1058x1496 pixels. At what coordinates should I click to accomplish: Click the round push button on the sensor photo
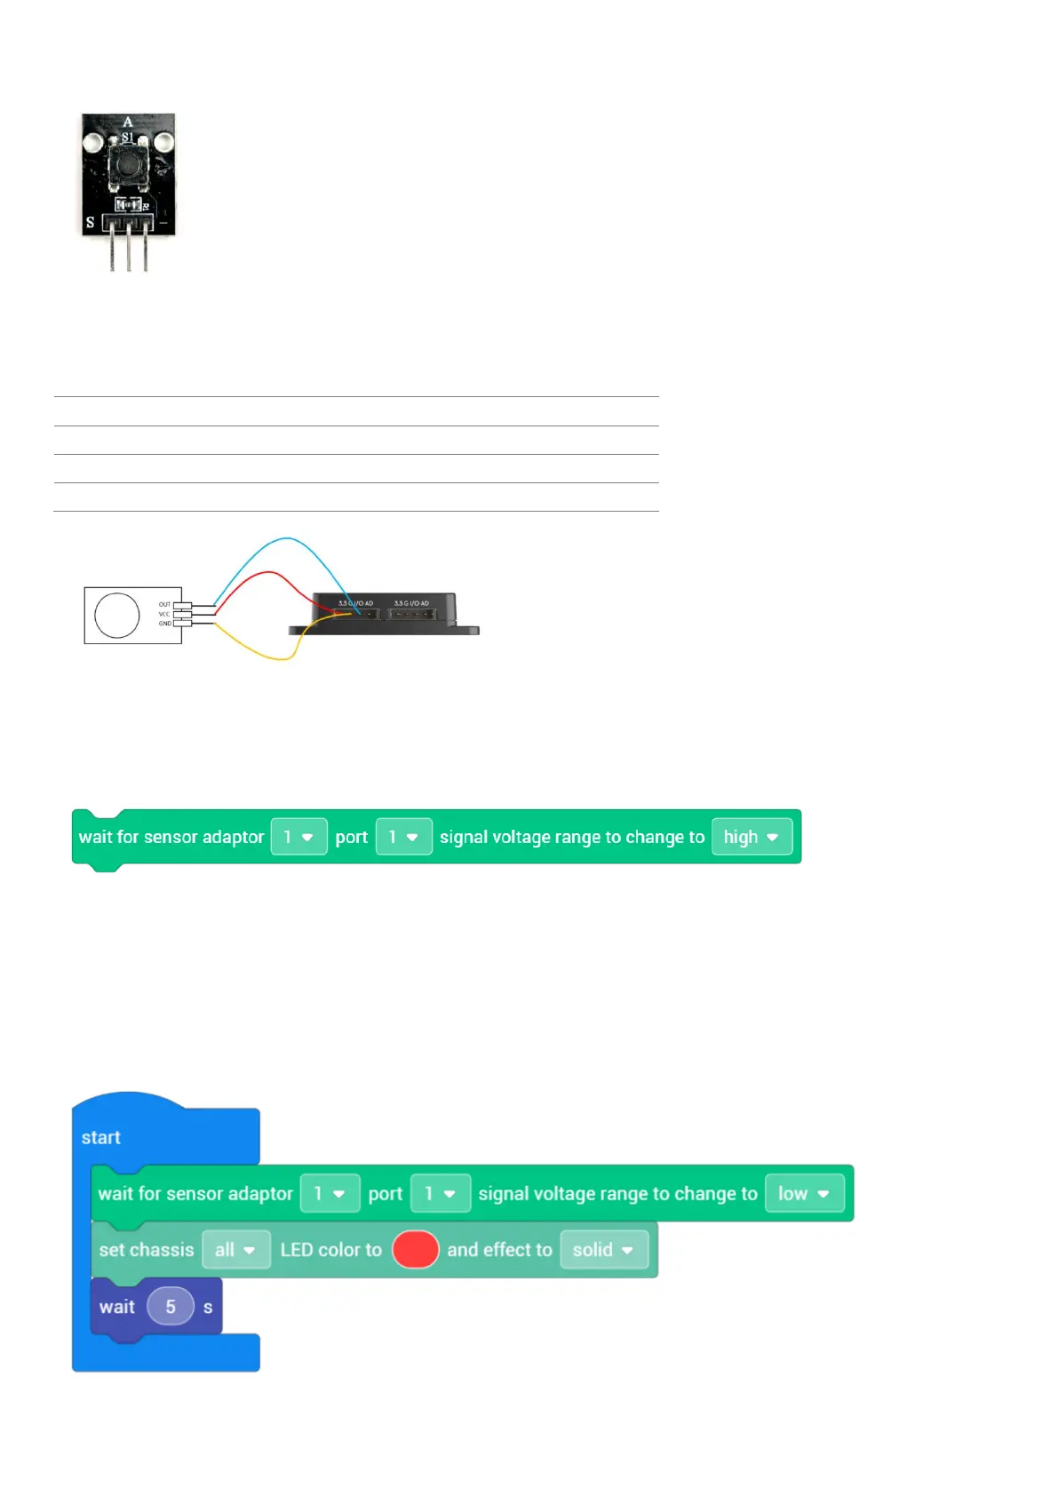pyautogui.click(x=128, y=164)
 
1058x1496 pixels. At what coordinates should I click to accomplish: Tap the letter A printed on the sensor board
pyautogui.click(x=128, y=122)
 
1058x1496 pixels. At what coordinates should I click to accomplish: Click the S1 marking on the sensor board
pyautogui.click(x=128, y=138)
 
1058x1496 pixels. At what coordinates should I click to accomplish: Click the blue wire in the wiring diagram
pyautogui.click(x=284, y=539)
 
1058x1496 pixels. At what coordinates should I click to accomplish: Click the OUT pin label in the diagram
pyautogui.click(x=164, y=604)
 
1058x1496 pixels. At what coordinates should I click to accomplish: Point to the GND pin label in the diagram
pyautogui.click(x=164, y=624)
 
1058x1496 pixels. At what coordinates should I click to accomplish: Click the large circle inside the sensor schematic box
pyautogui.click(x=117, y=615)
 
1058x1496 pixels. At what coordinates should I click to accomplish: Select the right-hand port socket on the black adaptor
pyautogui.click(x=411, y=614)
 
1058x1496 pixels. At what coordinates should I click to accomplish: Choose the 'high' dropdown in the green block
pyautogui.click(x=752, y=837)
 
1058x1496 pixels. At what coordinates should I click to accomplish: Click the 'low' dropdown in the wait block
pyautogui.click(x=804, y=1194)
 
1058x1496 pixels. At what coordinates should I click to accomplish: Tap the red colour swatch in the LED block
pyautogui.click(x=415, y=1250)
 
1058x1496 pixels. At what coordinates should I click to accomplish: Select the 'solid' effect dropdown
pyautogui.click(x=603, y=1250)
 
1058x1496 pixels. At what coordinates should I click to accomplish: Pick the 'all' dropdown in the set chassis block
pyautogui.click(x=235, y=1250)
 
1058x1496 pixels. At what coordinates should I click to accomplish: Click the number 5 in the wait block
pyautogui.click(x=171, y=1307)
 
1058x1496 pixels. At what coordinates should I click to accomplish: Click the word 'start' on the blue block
pyautogui.click(x=100, y=1138)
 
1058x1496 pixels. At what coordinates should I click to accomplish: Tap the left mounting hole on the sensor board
pyautogui.click(x=93, y=142)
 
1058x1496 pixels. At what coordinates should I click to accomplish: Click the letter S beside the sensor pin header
pyautogui.click(x=90, y=222)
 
